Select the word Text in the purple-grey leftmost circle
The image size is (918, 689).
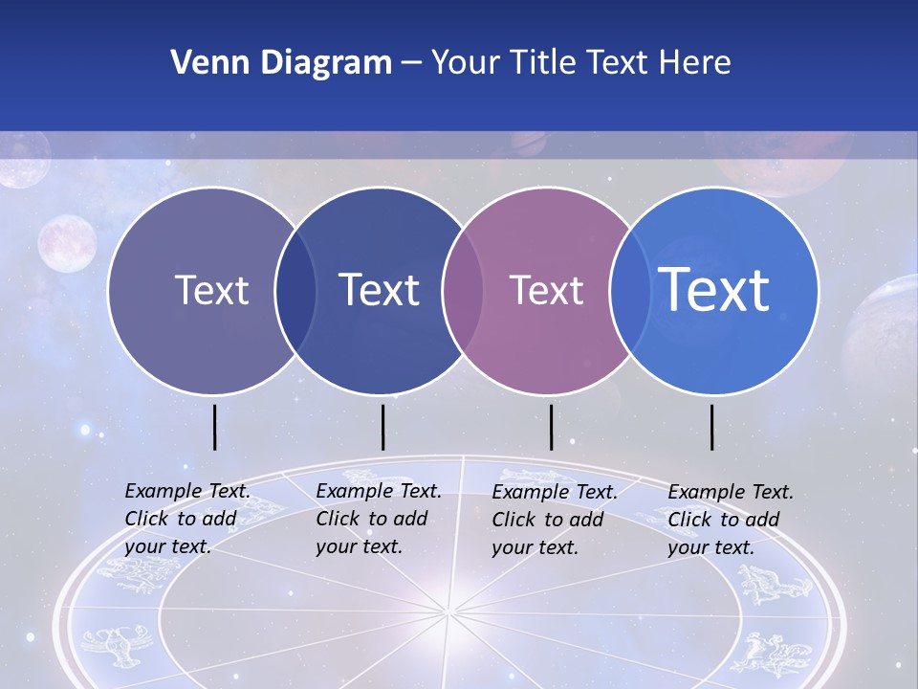[x=211, y=290]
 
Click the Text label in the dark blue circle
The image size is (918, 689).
[x=380, y=290]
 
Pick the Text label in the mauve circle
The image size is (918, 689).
[x=546, y=290]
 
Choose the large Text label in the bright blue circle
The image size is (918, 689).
[x=714, y=289]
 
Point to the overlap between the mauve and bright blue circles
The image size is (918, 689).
[x=630, y=290]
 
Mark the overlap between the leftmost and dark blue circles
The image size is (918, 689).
[x=295, y=290]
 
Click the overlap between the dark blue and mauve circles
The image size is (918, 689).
[x=463, y=290]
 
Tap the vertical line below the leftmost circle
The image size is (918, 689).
[x=214, y=427]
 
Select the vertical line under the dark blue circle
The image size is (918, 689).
[x=382, y=427]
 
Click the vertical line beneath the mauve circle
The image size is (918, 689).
[x=551, y=427]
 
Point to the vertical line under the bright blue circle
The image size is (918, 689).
[x=712, y=427]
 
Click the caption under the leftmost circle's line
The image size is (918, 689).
[x=186, y=519]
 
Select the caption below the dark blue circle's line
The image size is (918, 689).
[x=378, y=519]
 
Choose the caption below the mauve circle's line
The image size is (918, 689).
[x=554, y=520]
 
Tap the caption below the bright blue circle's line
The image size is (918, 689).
[x=730, y=520]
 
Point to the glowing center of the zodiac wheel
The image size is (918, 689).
[x=448, y=611]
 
